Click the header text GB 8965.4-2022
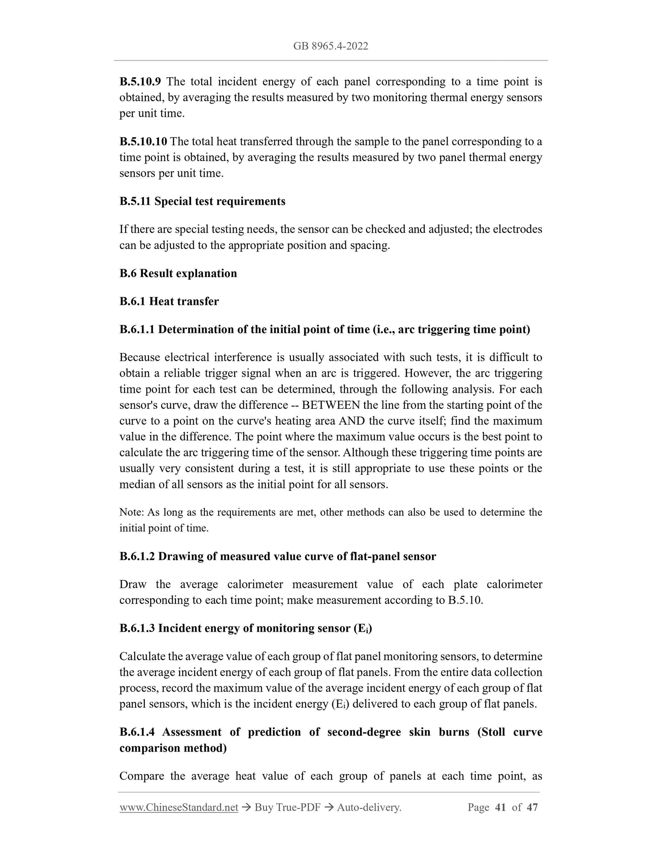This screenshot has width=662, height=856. (x=331, y=46)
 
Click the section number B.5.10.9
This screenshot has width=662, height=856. (x=140, y=82)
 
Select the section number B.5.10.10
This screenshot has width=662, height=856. (x=143, y=141)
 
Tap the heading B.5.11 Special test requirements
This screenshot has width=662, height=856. (x=202, y=201)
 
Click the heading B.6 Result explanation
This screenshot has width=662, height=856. (x=178, y=273)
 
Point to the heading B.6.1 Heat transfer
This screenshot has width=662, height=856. (x=169, y=301)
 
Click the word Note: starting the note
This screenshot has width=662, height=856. (x=131, y=512)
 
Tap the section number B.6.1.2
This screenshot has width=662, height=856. (x=137, y=556)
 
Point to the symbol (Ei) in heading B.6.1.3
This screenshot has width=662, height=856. (x=363, y=628)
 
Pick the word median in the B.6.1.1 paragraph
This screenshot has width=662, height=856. (x=137, y=484)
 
